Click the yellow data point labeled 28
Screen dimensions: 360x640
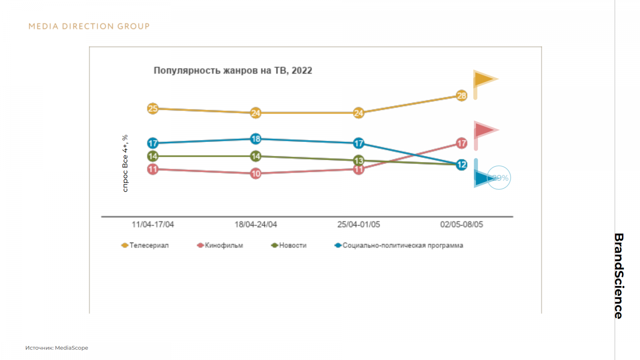pyautogui.click(x=462, y=96)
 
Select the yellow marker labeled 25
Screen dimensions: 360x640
pyautogui.click(x=152, y=108)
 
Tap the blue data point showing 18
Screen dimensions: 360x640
pyautogui.click(x=256, y=139)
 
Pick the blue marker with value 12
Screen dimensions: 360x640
pyautogui.click(x=462, y=164)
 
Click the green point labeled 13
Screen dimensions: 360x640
pyautogui.click(x=359, y=161)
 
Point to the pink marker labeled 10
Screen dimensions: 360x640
pyautogui.click(x=256, y=174)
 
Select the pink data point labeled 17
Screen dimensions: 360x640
pyautogui.click(x=462, y=143)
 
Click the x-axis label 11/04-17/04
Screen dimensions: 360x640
pyautogui.click(x=153, y=224)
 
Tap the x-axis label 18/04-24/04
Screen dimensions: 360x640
pyautogui.click(x=256, y=224)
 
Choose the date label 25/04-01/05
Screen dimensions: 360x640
pyautogui.click(x=359, y=224)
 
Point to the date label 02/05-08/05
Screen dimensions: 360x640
pyautogui.click(x=462, y=224)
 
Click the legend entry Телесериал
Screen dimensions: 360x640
pyautogui.click(x=145, y=245)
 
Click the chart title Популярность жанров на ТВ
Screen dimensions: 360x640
pyautogui.click(x=233, y=70)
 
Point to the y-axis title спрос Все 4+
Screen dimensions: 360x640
pyautogui.click(x=125, y=163)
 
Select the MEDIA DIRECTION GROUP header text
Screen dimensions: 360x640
pyautogui.click(x=89, y=26)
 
